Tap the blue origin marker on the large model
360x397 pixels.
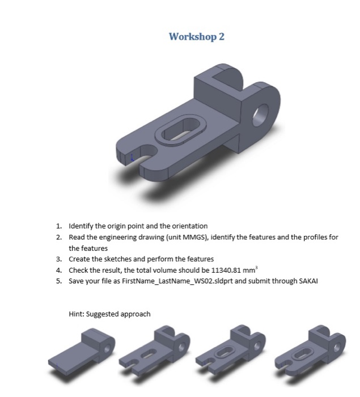[x=132, y=159]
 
